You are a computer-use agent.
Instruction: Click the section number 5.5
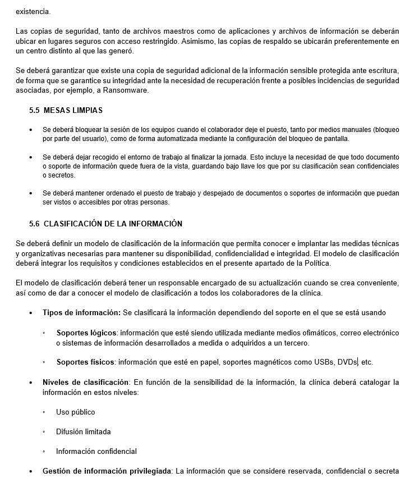(34, 111)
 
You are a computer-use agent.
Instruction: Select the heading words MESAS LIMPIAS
(73, 111)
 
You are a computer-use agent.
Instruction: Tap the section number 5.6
(34, 224)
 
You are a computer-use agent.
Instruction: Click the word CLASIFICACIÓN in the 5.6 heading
(72, 224)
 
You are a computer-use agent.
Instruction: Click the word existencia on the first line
(33, 11)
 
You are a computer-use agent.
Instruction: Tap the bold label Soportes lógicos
(86, 333)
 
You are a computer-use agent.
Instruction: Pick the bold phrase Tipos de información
(82, 313)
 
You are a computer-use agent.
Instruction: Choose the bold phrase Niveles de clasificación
(86, 383)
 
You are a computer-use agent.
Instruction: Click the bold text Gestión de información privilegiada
(107, 471)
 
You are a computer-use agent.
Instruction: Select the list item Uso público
(76, 412)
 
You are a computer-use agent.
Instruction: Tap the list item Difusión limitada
(83, 432)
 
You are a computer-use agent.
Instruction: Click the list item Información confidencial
(96, 452)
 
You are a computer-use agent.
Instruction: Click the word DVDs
(347, 362)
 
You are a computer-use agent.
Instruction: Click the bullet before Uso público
(44, 412)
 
